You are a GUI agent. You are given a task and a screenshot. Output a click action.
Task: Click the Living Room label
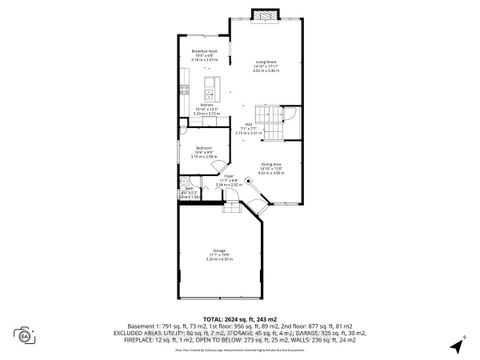click(265, 61)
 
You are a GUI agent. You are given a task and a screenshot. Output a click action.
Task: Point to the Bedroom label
click(203, 148)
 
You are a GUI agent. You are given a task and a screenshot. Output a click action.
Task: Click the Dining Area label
click(271, 163)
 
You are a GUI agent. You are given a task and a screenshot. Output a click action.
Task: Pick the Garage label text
click(218, 250)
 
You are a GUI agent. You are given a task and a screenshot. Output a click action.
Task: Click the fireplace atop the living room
click(265, 15)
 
